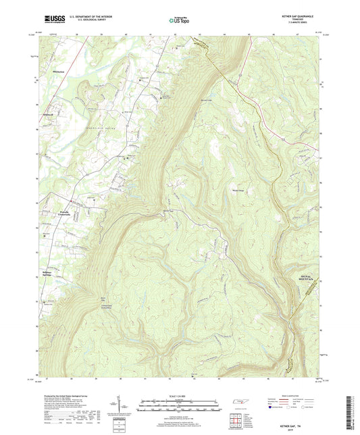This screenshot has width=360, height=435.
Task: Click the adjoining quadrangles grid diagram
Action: click(x=235, y=420)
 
